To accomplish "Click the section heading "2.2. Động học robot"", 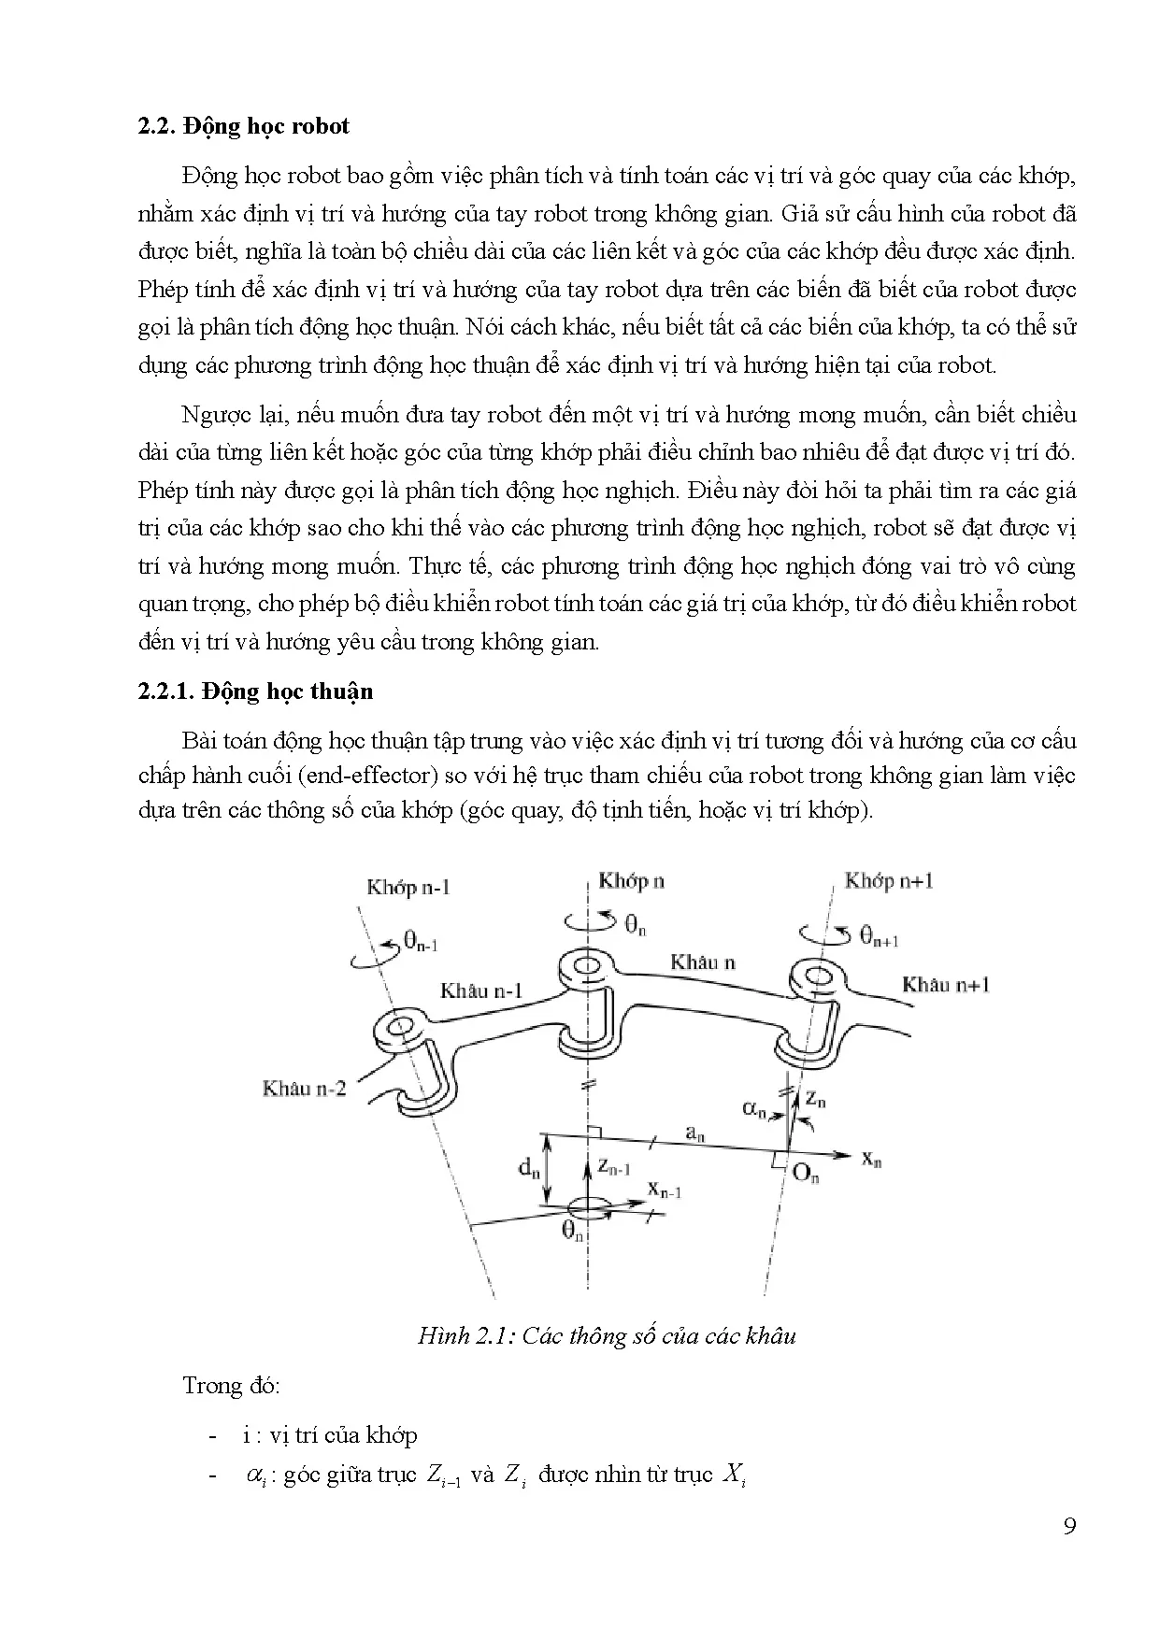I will click(x=243, y=126).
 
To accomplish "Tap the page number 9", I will click(x=1069, y=1526).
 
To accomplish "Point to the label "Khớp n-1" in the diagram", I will click(x=408, y=886).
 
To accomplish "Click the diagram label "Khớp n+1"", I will click(x=888, y=880).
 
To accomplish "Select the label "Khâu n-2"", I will click(x=304, y=1088).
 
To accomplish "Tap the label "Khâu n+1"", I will click(x=945, y=984).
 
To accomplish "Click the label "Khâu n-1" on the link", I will click(x=481, y=990).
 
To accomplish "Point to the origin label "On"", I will click(x=805, y=1174).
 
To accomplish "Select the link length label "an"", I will click(x=694, y=1133).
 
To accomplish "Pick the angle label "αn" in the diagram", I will click(x=754, y=1108).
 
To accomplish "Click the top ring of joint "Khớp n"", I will click(x=586, y=964).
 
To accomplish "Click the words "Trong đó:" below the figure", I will click(x=231, y=1385).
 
